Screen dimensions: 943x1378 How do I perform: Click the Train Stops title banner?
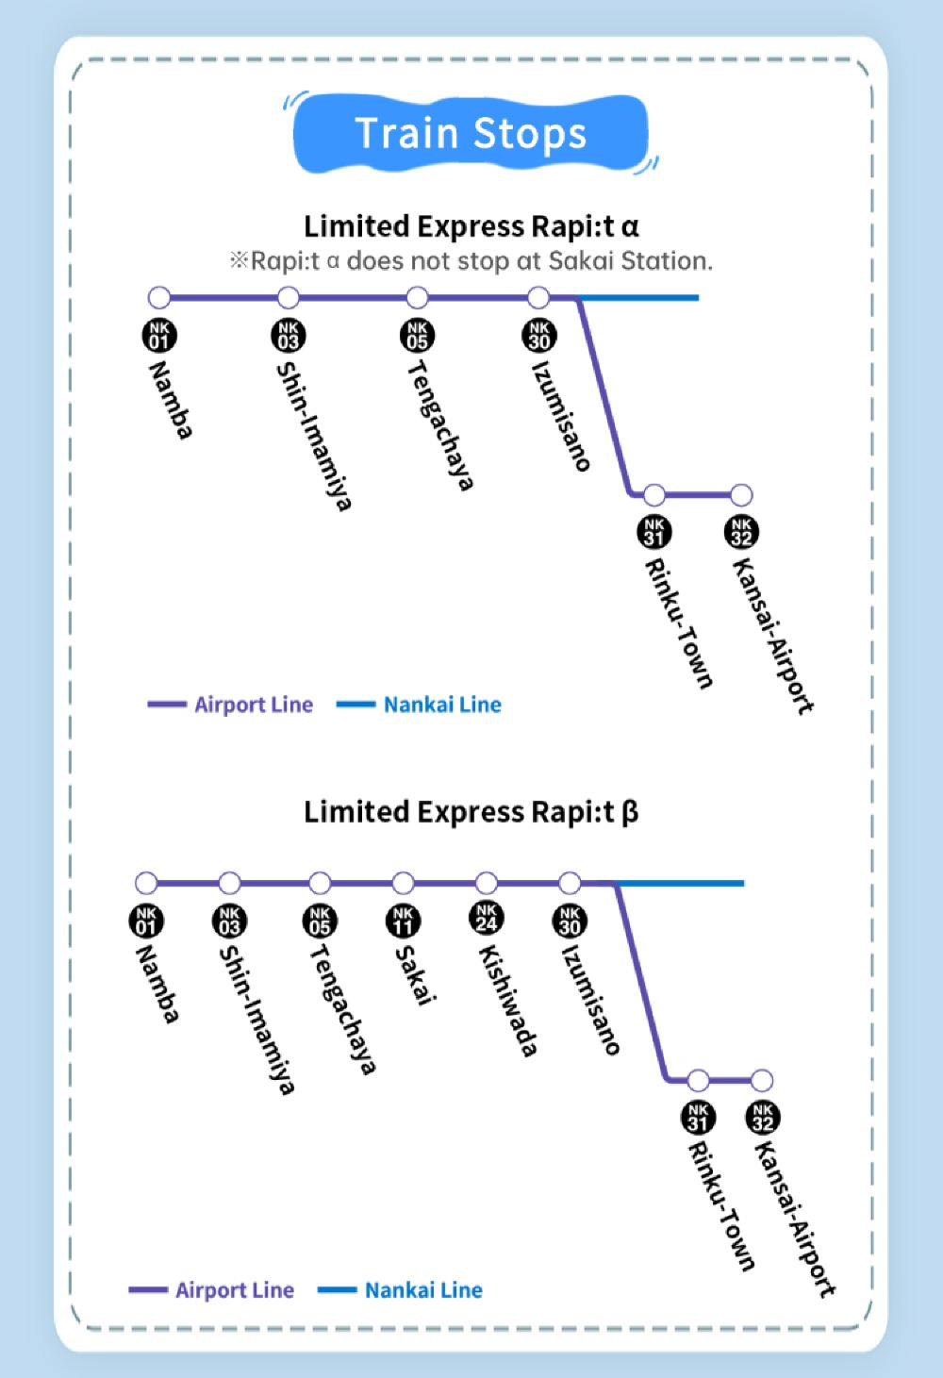(471, 134)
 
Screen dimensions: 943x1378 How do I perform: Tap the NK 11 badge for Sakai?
(403, 921)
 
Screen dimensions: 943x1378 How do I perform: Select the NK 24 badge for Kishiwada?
(486, 917)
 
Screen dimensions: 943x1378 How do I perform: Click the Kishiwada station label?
(507, 1001)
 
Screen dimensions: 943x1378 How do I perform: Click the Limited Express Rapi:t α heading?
(471, 226)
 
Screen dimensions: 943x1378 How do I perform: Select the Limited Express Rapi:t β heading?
(471, 812)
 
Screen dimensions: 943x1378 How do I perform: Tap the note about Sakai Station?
(471, 261)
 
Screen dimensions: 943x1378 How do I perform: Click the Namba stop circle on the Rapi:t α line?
(159, 298)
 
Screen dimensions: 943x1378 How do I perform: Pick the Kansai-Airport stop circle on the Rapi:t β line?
(762, 1080)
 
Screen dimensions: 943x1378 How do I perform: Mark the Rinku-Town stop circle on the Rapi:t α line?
(653, 494)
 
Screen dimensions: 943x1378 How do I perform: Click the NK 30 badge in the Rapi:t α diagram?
(538, 336)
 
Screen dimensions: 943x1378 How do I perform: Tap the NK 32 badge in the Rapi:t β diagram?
(763, 1118)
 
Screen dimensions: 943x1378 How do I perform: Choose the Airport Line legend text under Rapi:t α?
(254, 705)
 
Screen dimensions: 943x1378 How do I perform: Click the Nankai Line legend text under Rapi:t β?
(423, 1290)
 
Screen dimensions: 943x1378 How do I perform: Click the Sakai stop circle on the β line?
(403, 884)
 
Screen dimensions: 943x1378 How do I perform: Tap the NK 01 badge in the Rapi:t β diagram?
(146, 921)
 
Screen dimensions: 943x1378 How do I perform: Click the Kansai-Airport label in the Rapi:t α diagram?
(773, 637)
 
